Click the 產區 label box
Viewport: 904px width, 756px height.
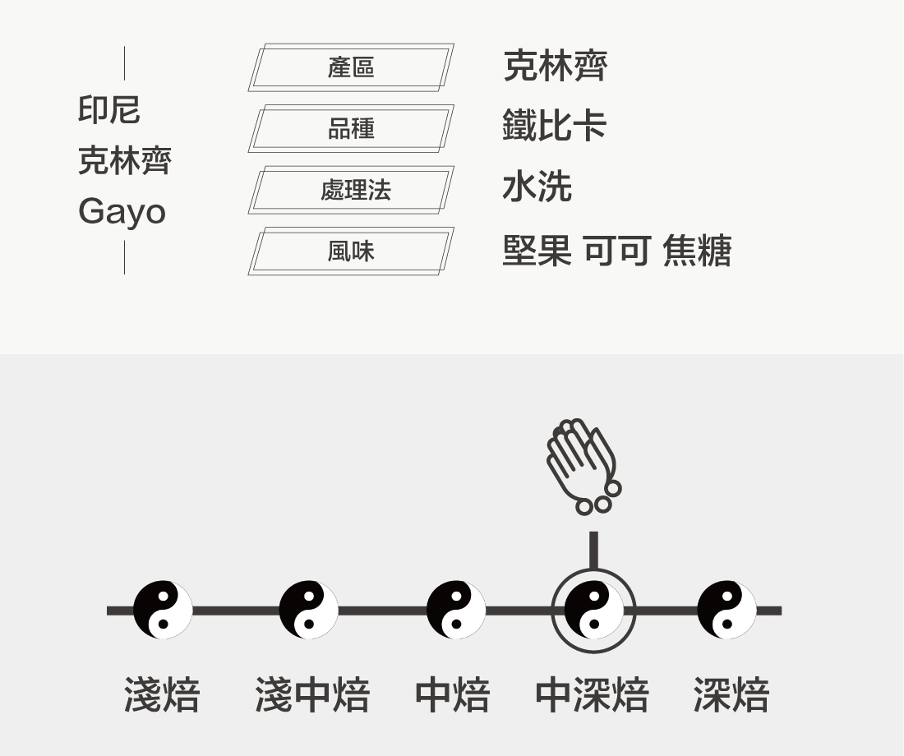tap(351, 67)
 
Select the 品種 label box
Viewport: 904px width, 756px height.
tap(351, 128)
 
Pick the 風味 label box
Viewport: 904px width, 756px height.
tap(351, 251)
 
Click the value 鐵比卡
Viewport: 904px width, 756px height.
tap(554, 126)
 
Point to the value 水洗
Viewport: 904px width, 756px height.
tap(537, 187)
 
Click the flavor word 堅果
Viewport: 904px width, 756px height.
tap(537, 251)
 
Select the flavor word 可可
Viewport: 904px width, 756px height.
tap(617, 251)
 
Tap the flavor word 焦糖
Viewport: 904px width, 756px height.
tap(696, 251)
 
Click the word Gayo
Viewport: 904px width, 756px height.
tap(122, 212)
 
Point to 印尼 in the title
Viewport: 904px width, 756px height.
tap(109, 109)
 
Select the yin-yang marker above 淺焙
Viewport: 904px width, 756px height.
tap(163, 610)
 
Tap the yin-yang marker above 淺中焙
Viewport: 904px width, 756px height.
tap(308, 610)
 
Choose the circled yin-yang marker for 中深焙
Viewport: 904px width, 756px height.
tap(593, 610)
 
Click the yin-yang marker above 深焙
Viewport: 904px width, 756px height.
tap(726, 610)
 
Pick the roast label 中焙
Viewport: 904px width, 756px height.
tap(452, 695)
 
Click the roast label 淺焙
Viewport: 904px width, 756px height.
tap(162, 695)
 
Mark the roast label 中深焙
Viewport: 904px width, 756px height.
tap(592, 695)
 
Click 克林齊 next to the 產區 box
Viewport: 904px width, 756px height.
tap(555, 66)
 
